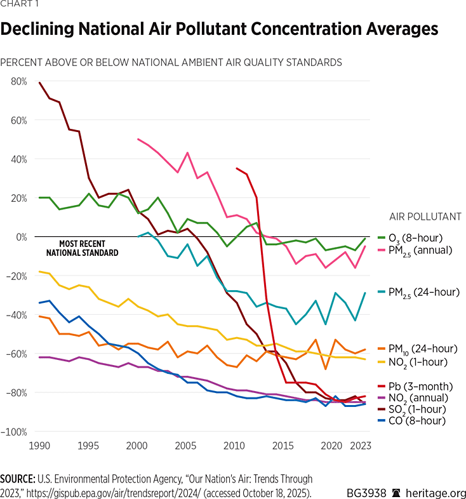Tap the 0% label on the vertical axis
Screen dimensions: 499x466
(x=21, y=237)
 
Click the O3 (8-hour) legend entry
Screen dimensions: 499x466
(x=419, y=238)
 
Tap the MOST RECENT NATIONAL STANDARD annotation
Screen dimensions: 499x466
(x=82, y=248)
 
